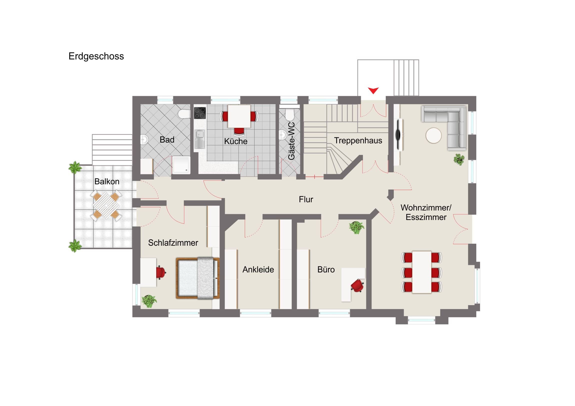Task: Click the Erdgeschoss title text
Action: point(96,56)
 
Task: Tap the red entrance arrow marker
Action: point(373,90)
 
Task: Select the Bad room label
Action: point(167,140)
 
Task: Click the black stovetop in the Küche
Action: point(200,113)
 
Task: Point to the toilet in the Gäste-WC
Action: point(289,114)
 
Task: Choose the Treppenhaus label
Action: point(358,141)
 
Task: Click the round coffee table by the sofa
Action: point(433,135)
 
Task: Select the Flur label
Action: point(306,199)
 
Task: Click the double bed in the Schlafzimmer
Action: point(198,278)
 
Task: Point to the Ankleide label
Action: point(258,270)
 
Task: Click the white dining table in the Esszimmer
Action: point(422,272)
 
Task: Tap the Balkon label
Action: point(107,182)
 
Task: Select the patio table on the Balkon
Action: point(106,205)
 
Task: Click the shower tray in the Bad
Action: point(181,165)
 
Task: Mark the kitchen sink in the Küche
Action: point(199,139)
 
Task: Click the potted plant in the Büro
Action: point(356,227)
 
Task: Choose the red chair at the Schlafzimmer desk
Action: point(161,272)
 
